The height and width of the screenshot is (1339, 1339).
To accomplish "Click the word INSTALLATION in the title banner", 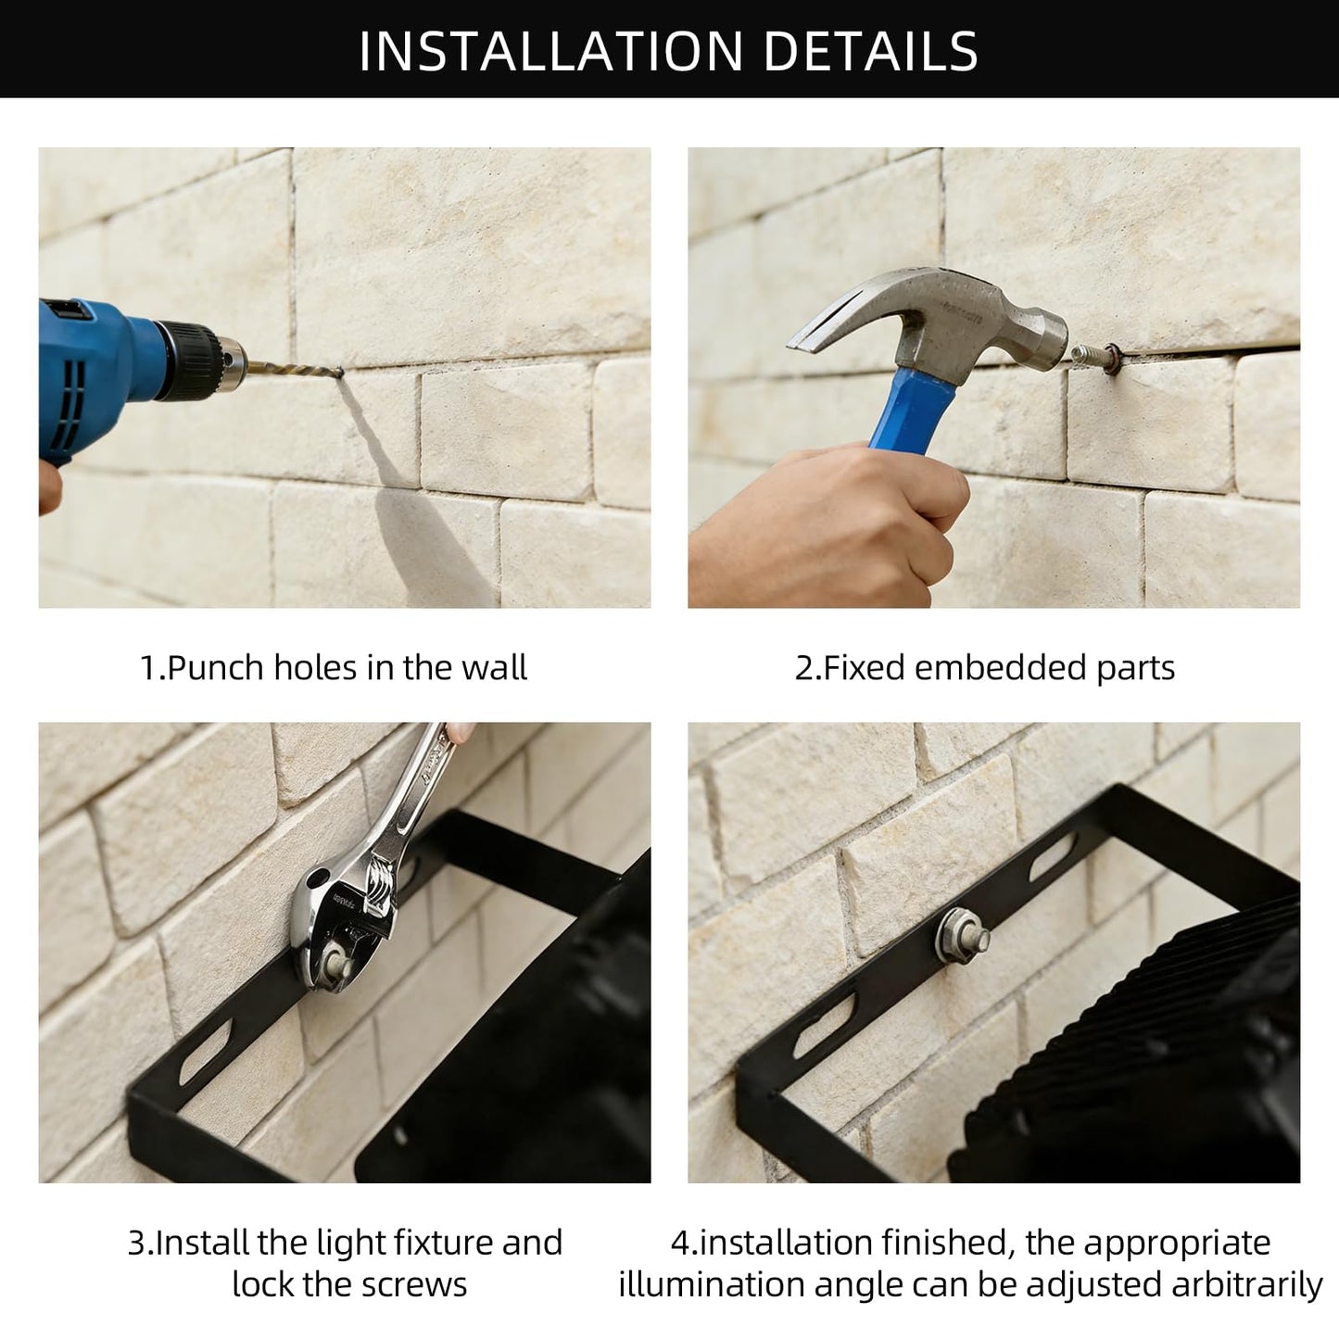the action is [x=551, y=51].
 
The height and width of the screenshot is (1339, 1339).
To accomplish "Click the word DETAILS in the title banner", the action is [x=871, y=51].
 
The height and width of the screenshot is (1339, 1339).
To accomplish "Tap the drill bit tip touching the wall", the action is [x=340, y=373].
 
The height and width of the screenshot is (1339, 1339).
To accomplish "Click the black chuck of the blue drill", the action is [x=191, y=360].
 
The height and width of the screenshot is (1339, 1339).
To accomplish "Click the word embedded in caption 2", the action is [x=1001, y=667].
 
